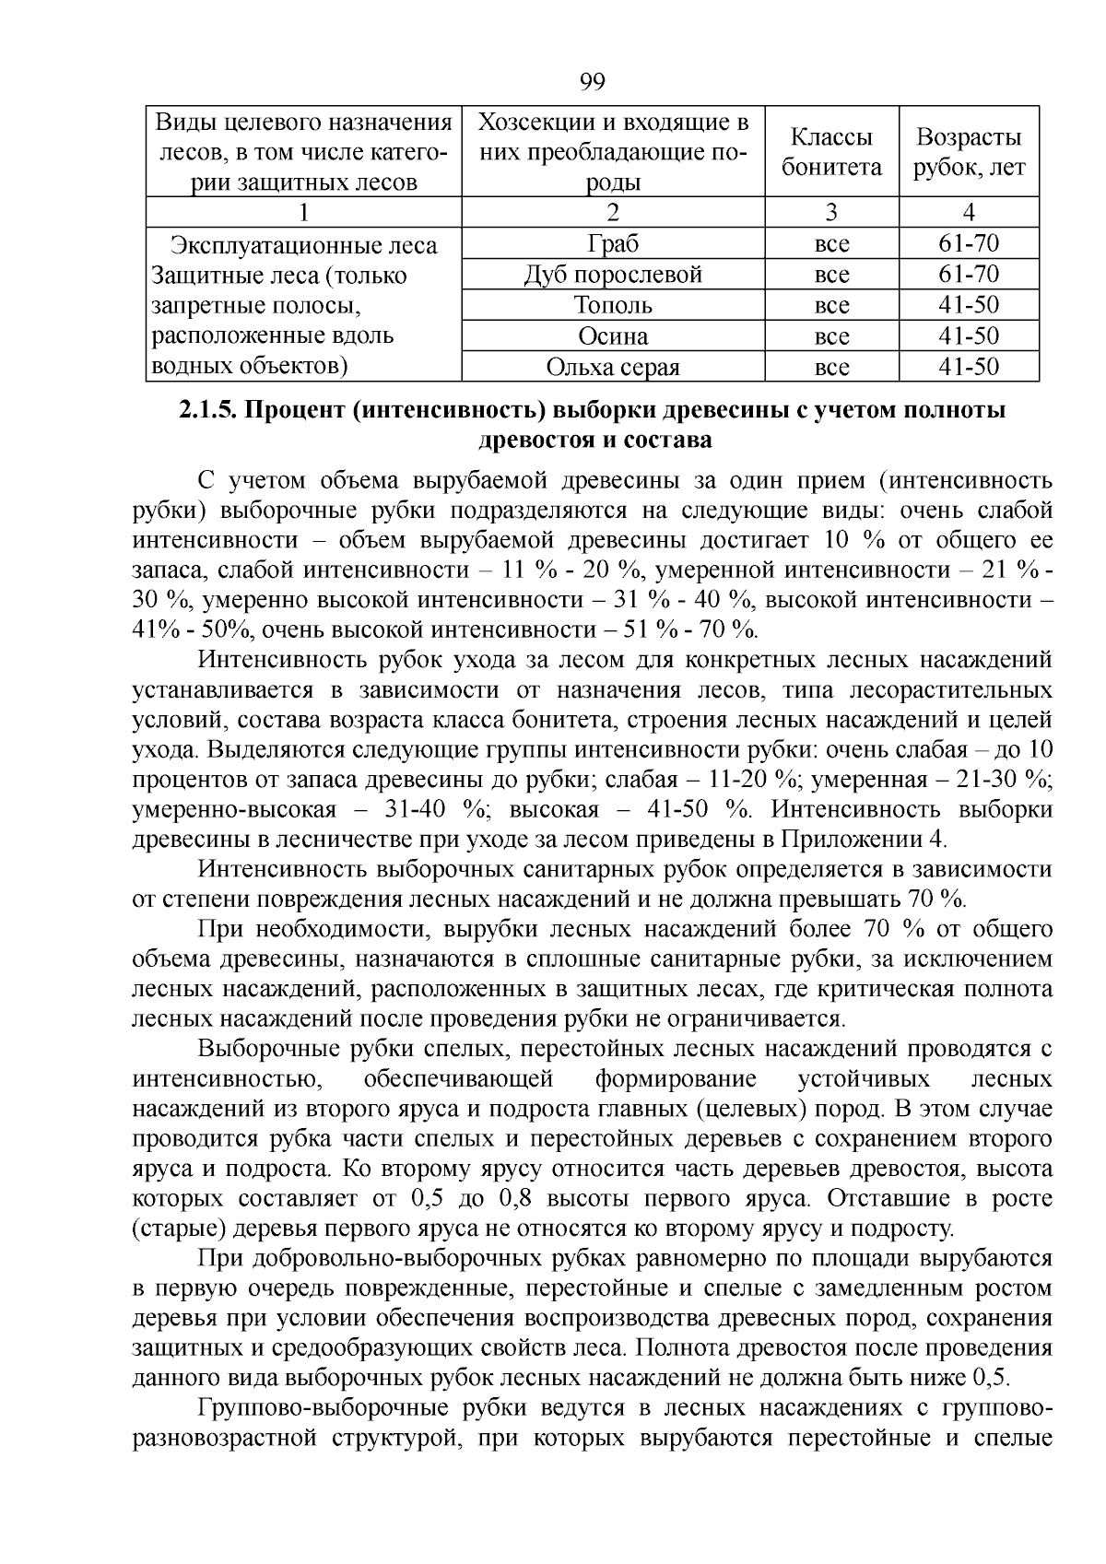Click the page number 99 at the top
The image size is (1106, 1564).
pos(593,82)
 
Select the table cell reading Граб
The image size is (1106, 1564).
pos(612,244)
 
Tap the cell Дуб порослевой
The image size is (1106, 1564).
pos(612,275)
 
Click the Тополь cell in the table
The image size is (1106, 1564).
pos(612,305)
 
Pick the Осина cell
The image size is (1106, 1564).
pos(612,335)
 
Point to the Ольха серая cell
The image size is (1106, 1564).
pos(612,368)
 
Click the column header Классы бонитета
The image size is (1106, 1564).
pos(831,152)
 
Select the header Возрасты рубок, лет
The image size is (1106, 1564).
pos(968,152)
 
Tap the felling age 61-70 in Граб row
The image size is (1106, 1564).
pos(968,244)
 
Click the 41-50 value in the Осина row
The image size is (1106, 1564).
pos(968,335)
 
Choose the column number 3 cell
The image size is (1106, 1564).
pos(831,213)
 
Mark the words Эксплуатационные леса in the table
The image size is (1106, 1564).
pos(303,246)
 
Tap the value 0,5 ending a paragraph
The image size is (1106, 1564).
pos(990,1379)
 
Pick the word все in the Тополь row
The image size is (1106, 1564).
pos(831,305)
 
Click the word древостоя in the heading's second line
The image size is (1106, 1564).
pos(534,441)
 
